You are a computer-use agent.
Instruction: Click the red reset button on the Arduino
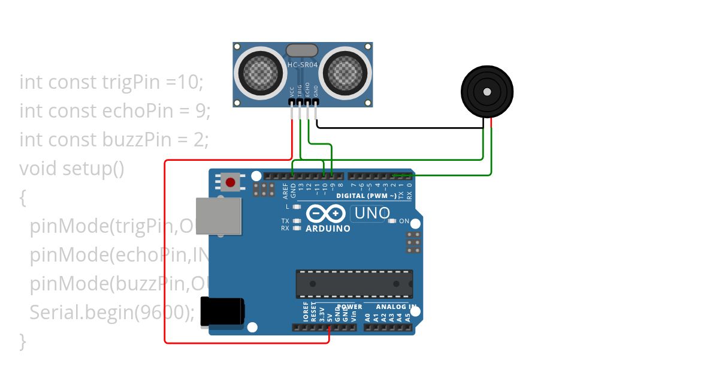pyautogui.click(x=229, y=182)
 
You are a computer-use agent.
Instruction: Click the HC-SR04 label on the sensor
pyautogui.click(x=303, y=64)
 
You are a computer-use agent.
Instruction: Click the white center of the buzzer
pyautogui.click(x=487, y=92)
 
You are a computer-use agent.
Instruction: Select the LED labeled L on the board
pyautogui.click(x=296, y=206)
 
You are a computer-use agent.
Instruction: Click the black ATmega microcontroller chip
pyautogui.click(x=354, y=284)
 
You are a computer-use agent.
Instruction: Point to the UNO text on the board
pyautogui.click(x=372, y=213)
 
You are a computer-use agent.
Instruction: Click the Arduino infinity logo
pyautogui.click(x=326, y=213)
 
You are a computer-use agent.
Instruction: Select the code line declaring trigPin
pyautogui.click(x=111, y=82)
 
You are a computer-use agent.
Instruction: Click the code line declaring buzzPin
pyautogui.click(x=114, y=140)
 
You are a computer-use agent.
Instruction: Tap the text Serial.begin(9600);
pyautogui.click(x=112, y=313)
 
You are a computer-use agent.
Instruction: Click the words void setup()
pyautogui.click(x=72, y=169)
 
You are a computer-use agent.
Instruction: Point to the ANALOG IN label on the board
pyautogui.click(x=396, y=307)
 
